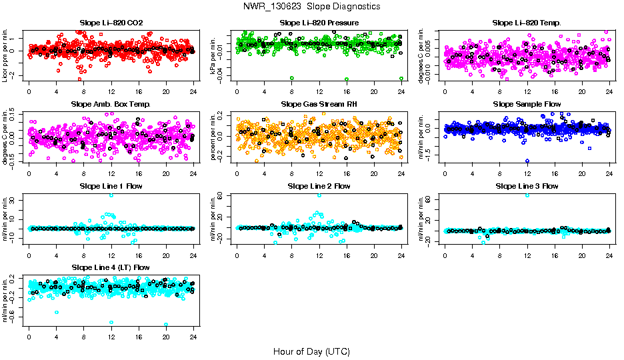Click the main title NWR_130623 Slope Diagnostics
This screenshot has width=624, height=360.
pos(312,6)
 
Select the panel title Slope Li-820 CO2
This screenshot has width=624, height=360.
pos(111,23)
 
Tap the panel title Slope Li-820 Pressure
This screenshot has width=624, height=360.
pos(319,23)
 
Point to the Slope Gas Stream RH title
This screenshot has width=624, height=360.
pos(319,104)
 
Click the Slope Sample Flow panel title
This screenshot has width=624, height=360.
pos(527,104)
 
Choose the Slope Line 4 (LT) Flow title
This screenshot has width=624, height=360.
pos(111,267)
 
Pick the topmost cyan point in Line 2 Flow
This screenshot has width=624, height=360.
pos(319,195)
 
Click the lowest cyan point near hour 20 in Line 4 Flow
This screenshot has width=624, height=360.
pos(166,324)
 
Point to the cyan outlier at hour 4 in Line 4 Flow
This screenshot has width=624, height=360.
pos(57,311)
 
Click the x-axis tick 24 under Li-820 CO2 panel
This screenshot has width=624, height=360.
pos(193,91)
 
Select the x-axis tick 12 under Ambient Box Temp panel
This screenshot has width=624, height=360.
pos(111,173)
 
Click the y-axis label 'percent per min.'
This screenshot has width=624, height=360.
pos(214,136)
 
